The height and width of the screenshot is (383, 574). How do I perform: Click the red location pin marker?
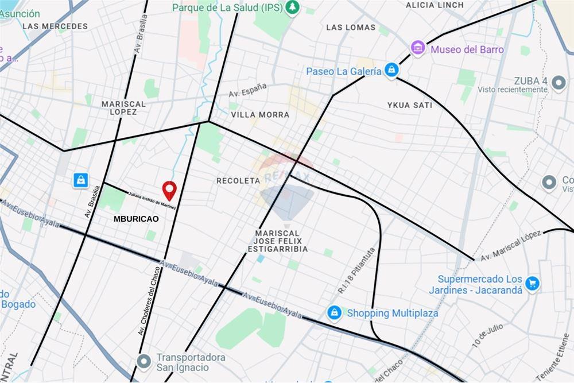click(169, 189)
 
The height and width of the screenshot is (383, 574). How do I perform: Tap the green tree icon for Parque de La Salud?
click(293, 7)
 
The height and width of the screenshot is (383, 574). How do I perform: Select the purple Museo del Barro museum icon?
click(418, 48)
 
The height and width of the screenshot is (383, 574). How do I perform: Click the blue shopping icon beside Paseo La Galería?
click(392, 71)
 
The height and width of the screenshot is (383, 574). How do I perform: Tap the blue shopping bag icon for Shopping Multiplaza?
click(333, 313)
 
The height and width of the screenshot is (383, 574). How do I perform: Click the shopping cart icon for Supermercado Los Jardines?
click(532, 283)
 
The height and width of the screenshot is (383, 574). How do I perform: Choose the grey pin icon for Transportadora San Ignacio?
click(143, 361)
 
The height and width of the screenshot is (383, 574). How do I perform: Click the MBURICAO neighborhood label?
click(136, 219)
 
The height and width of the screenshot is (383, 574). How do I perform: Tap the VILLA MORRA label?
click(260, 114)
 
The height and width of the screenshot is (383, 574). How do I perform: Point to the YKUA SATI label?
click(409, 105)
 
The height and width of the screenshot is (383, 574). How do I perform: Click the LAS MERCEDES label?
click(55, 26)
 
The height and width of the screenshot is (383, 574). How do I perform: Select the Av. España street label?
click(247, 90)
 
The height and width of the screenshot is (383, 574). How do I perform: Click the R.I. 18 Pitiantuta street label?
click(356, 271)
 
